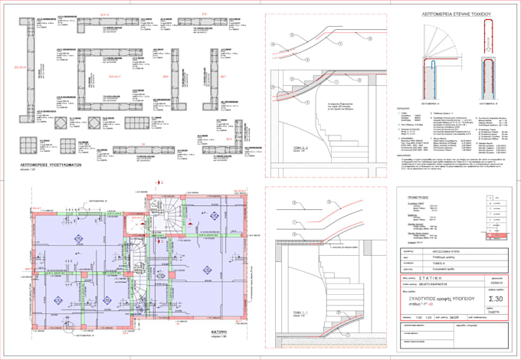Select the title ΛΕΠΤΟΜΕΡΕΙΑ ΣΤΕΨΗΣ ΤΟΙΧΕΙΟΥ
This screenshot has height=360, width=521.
(x=457, y=15)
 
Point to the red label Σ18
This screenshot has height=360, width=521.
(x=204, y=14)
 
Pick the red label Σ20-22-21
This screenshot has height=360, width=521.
(x=21, y=67)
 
